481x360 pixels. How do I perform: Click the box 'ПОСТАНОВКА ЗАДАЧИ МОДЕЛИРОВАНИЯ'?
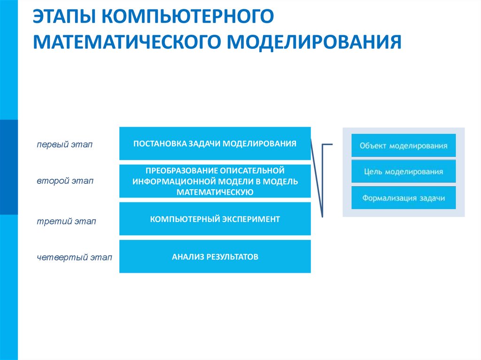[215, 144]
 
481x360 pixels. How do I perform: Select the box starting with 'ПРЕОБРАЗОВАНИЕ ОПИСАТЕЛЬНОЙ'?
[215, 181]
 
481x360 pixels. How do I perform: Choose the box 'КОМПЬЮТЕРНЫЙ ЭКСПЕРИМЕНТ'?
[215, 219]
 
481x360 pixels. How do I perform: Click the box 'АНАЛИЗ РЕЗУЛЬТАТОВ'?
[215, 257]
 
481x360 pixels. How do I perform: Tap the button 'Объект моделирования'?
[403, 146]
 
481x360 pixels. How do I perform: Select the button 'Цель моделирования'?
[403, 172]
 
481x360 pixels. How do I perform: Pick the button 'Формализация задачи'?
[403, 198]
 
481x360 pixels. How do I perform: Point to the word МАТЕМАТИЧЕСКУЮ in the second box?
[215, 191]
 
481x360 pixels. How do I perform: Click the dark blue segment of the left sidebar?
[9, 167]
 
